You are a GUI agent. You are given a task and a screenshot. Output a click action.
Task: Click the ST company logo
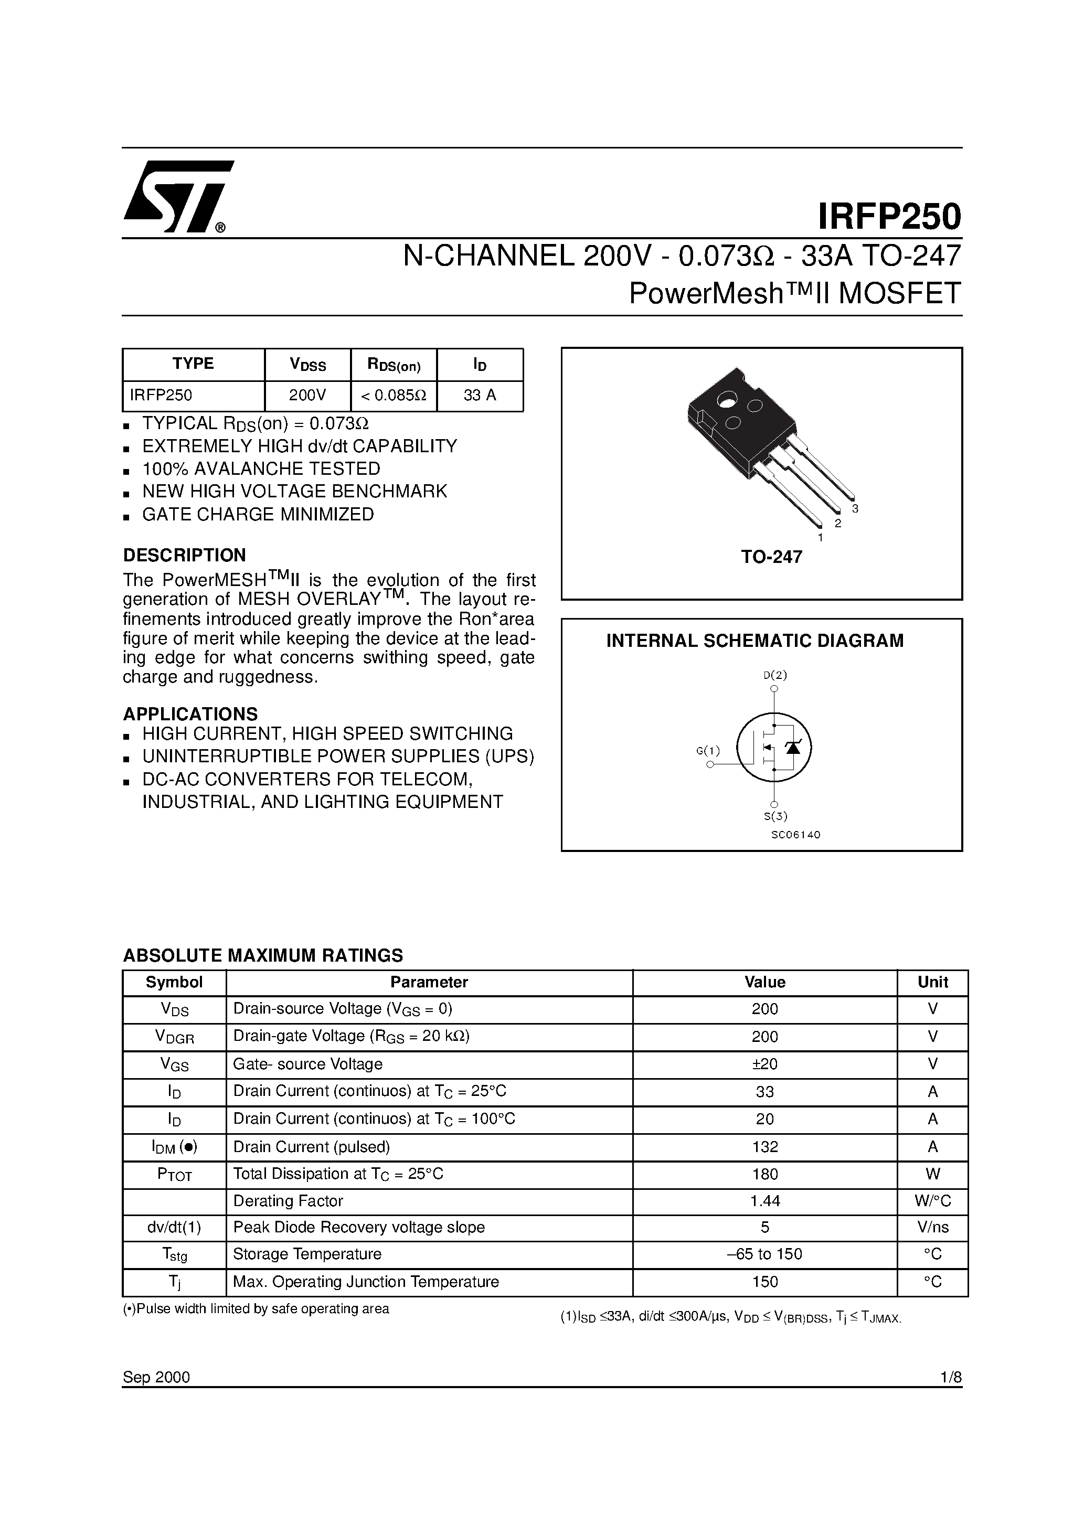[178, 196]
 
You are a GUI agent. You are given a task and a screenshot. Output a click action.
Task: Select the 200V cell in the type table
[307, 396]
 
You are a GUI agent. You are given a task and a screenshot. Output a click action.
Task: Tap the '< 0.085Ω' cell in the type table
[394, 396]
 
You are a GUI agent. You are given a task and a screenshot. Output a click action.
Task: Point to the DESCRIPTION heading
[185, 555]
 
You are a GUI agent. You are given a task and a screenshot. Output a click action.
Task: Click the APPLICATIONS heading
[190, 713]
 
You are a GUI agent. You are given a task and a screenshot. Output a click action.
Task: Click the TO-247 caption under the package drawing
[771, 557]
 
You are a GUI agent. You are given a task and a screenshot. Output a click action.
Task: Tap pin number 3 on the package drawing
[855, 509]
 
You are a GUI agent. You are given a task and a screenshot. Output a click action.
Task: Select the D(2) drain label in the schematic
[775, 675]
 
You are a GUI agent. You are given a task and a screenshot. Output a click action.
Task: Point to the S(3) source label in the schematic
[776, 815]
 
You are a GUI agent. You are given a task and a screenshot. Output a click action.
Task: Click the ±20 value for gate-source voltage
[764, 1063]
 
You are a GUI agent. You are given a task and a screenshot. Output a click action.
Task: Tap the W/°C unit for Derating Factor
[932, 1201]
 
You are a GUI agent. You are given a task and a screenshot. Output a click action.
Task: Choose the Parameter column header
[429, 982]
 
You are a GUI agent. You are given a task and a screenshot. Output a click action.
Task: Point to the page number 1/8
[950, 1377]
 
